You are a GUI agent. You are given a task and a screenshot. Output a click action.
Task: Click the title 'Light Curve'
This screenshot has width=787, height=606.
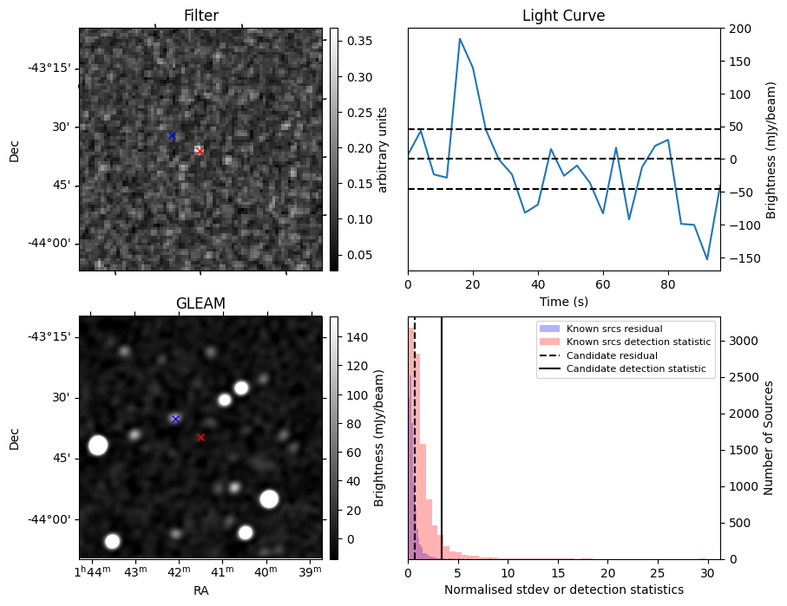[x=563, y=16]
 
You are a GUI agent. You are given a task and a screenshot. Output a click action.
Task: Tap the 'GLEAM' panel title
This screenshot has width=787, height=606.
[x=200, y=303]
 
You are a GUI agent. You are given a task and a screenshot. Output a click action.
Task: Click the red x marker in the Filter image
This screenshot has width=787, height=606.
[x=200, y=151]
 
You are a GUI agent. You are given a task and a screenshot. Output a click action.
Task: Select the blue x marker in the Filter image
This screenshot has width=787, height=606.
[x=172, y=136]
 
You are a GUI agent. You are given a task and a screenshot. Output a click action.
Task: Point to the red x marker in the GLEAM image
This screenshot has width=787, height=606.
[x=200, y=438]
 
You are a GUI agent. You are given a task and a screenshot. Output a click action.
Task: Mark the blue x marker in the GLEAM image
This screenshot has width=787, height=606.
[x=175, y=419]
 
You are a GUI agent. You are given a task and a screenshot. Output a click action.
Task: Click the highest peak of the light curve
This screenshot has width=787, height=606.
[x=460, y=39]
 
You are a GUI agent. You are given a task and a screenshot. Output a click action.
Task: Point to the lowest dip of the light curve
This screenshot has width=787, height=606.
[x=707, y=259]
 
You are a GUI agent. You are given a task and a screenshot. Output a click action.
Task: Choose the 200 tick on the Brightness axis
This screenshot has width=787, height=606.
[x=737, y=29]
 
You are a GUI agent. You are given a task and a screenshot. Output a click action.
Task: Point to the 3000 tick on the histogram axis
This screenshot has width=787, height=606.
[x=738, y=341]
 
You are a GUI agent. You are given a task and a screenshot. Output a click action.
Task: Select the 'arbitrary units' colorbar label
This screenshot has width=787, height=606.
[x=383, y=149]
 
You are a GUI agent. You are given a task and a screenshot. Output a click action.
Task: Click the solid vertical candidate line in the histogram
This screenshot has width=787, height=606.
[x=442, y=451]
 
